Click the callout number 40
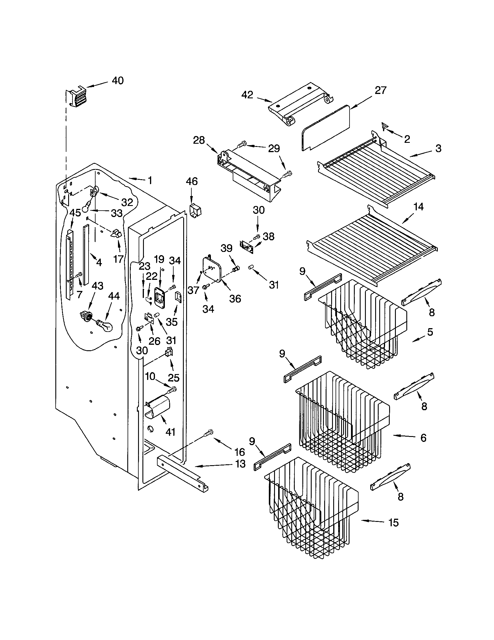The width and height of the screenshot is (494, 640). tap(118, 80)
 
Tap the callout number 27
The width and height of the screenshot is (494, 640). tap(380, 90)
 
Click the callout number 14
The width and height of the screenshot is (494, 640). tap(418, 207)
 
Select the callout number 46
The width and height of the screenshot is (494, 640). tap(192, 182)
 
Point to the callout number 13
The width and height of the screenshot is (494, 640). tap(240, 464)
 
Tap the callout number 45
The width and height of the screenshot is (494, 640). tap(75, 213)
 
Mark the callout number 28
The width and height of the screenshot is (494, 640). tap(199, 141)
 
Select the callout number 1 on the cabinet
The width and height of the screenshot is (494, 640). tap(150, 181)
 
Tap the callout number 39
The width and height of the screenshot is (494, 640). tap(227, 248)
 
